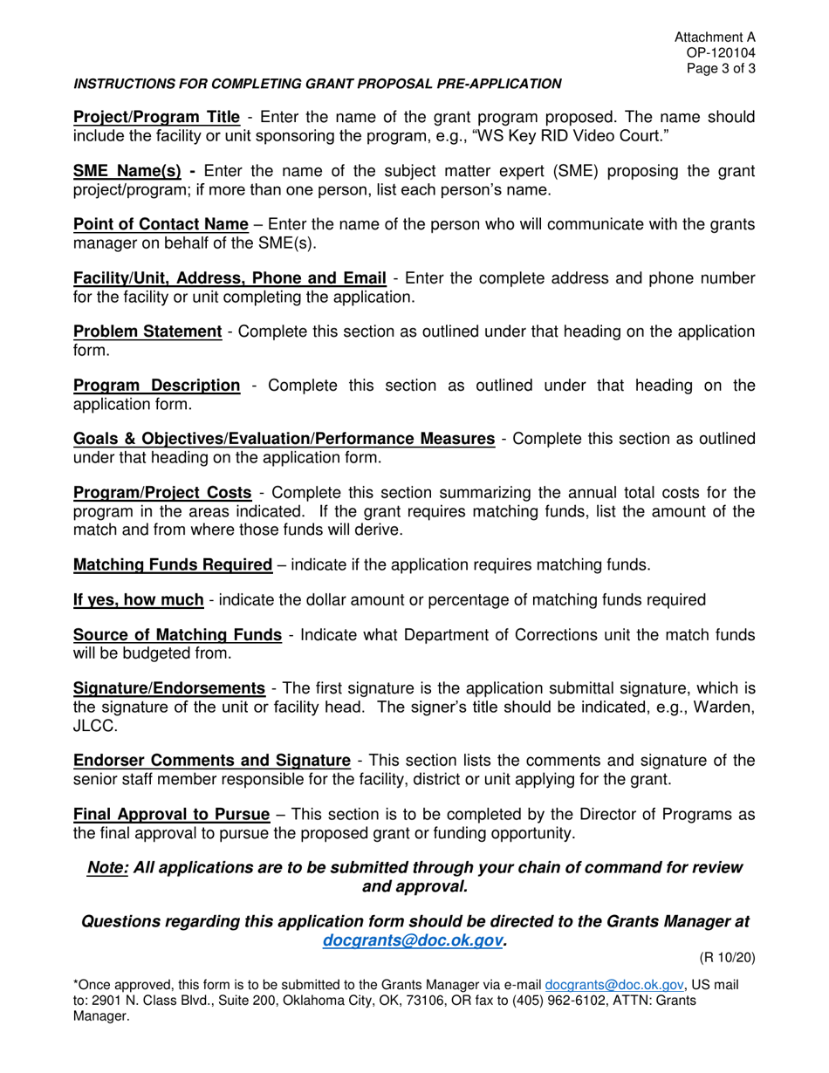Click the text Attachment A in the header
(715, 38)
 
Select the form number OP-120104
(721, 53)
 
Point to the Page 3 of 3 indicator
(721, 69)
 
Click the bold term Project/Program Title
(156, 117)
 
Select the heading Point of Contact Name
(161, 224)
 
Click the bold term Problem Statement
(147, 331)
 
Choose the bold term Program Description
(156, 385)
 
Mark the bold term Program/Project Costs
(162, 493)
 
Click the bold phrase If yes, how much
(139, 600)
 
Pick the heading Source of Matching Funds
(177, 634)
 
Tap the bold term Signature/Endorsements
(169, 689)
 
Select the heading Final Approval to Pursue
(171, 815)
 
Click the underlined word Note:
(108, 868)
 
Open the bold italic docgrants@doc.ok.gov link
(413, 940)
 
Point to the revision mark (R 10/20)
(728, 958)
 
